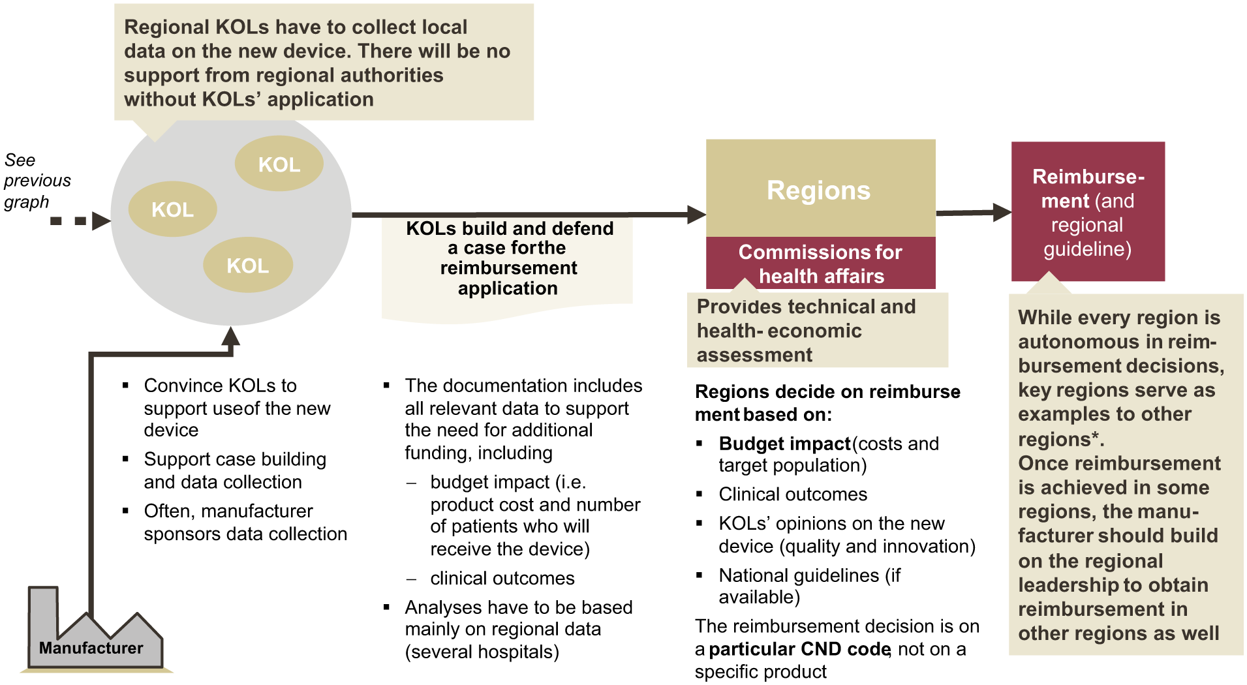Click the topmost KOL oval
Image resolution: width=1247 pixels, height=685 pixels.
tap(279, 164)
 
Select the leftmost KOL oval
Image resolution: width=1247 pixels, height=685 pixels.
tap(173, 209)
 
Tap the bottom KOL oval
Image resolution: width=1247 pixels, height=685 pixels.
tap(248, 265)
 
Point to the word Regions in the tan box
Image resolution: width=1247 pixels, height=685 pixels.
tap(819, 190)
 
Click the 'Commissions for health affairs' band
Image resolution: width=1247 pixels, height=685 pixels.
tap(821, 263)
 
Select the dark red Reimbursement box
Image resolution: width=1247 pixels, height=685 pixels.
tap(1088, 211)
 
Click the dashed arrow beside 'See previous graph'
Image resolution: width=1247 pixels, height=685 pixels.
tap(80, 221)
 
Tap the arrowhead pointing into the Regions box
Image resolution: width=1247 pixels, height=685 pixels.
tap(697, 214)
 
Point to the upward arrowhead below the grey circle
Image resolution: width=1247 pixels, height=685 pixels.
tap(230, 336)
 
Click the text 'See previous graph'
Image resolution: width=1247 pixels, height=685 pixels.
tap(37, 181)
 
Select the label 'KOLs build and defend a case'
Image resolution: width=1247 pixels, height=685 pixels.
tap(509, 258)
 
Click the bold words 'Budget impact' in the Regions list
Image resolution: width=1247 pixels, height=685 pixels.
tap(784, 444)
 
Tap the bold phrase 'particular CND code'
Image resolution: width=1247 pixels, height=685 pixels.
tap(799, 649)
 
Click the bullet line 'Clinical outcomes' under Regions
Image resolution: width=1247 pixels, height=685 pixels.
tap(793, 494)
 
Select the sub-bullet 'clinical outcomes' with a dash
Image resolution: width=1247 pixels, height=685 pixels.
tap(502, 578)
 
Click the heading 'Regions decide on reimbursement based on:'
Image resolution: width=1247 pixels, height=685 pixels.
tap(827, 403)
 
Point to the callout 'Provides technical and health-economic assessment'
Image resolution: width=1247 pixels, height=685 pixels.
tap(818, 330)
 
